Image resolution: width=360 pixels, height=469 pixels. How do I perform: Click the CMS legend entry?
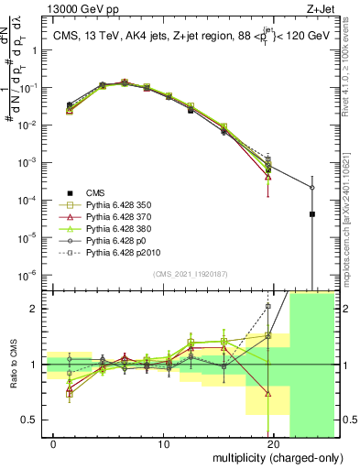tap(96, 192)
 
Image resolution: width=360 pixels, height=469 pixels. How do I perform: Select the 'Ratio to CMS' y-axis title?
tap(11, 365)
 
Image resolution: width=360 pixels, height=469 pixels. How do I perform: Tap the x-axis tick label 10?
tap(163, 444)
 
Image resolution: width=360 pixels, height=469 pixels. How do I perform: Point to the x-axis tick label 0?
tap(53, 444)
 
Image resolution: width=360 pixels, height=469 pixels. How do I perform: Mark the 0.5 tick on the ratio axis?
tap(32, 420)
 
